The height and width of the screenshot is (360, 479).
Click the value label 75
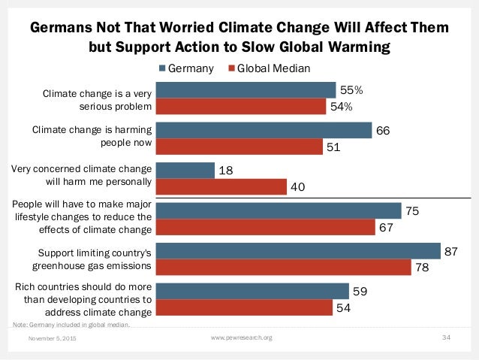click(x=412, y=212)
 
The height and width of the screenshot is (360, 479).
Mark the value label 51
click(x=333, y=147)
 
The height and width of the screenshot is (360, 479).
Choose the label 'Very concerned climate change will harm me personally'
click(x=83, y=174)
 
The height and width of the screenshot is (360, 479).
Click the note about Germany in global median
click(x=71, y=325)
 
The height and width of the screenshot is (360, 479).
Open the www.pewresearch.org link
click(x=242, y=339)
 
